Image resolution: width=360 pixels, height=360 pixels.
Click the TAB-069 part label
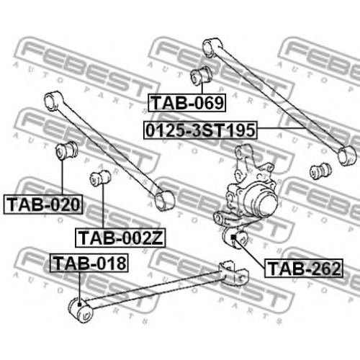click(x=187, y=103)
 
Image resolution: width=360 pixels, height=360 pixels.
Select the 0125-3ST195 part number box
click(x=200, y=130)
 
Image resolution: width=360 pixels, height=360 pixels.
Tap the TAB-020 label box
click(x=43, y=204)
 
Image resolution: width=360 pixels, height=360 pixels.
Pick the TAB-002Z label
click(x=120, y=238)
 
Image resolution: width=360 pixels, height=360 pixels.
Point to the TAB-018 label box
click(x=89, y=263)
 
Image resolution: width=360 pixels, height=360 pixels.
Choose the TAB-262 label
click(x=304, y=269)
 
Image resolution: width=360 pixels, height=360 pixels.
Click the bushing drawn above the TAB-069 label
click(x=202, y=75)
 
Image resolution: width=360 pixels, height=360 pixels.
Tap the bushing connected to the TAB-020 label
click(x=66, y=150)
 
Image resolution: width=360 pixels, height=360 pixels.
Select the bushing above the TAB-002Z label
click(x=100, y=178)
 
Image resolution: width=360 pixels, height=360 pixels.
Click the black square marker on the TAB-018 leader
click(x=79, y=305)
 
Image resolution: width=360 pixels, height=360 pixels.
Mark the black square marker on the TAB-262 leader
click(x=233, y=237)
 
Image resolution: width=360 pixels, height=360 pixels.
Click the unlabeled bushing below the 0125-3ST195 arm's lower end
click(x=320, y=171)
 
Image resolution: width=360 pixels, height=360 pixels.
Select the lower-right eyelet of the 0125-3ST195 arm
click(x=347, y=156)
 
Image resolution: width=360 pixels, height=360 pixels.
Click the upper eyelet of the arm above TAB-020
click(x=53, y=101)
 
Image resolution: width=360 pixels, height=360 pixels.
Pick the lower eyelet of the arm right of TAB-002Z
click(x=164, y=201)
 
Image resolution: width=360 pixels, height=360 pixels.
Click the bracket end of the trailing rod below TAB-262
click(x=234, y=272)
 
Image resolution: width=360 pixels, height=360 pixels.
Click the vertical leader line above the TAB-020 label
click(x=62, y=177)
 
